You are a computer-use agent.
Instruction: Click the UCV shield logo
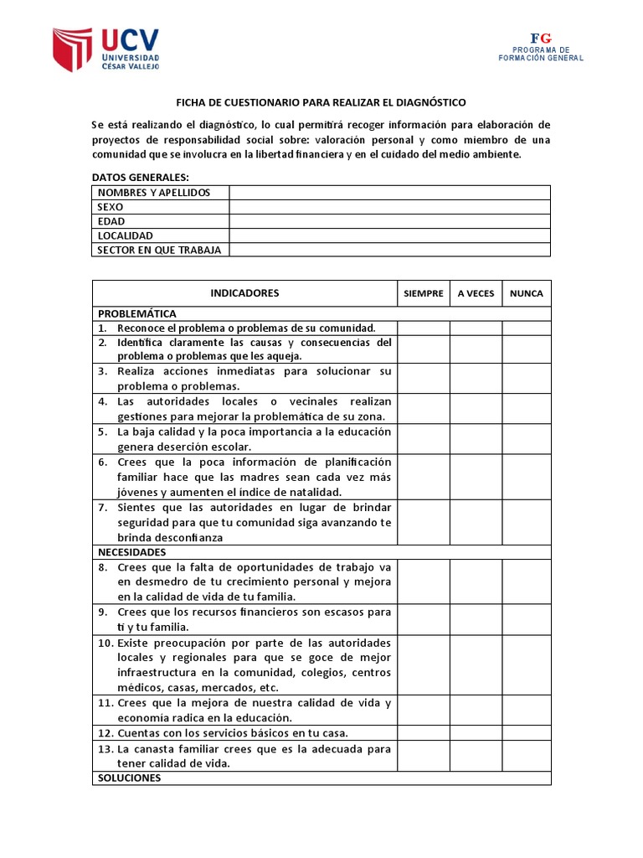[x=72, y=49]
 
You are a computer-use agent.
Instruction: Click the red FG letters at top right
[x=541, y=39]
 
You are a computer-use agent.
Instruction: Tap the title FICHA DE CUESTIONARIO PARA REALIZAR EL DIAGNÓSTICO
[x=321, y=101]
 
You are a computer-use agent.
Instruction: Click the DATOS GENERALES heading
[x=140, y=177]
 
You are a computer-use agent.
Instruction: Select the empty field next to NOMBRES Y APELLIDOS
[x=389, y=193]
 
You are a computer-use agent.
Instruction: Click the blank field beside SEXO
[x=389, y=207]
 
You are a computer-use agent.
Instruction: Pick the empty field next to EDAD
[x=389, y=221]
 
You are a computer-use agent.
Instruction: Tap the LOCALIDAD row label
[x=126, y=235]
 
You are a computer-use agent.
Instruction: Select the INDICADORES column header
[x=244, y=293]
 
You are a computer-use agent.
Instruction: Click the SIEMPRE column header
[x=424, y=293]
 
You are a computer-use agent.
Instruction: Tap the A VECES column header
[x=476, y=293]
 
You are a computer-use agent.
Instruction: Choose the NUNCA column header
[x=527, y=293]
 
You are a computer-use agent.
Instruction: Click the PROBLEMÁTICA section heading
[x=137, y=313]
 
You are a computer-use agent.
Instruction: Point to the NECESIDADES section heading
[x=132, y=552]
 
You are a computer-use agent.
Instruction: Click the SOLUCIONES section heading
[x=129, y=778]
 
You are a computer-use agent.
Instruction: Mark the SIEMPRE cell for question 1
[x=424, y=328]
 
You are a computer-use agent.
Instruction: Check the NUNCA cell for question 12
[x=527, y=732]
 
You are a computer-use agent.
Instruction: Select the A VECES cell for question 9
[x=476, y=619]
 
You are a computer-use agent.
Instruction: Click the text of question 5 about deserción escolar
[x=254, y=439]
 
